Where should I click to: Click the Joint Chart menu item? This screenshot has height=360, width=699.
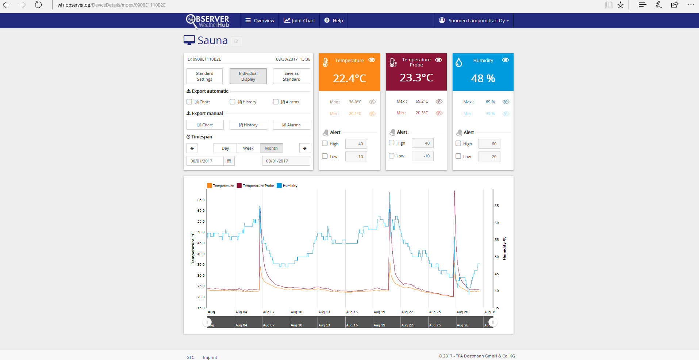[x=299, y=20]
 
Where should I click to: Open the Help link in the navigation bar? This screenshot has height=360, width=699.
[x=334, y=20]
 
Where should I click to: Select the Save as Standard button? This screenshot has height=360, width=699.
[x=291, y=76]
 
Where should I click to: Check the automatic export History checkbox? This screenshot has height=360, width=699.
[x=233, y=102]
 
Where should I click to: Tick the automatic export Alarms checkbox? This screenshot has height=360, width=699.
[x=276, y=102]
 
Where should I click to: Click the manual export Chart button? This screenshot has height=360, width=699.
[x=205, y=125]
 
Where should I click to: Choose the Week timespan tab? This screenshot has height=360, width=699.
[x=248, y=148]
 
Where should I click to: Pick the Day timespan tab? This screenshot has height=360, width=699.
[x=225, y=148]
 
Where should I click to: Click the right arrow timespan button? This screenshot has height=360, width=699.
[x=304, y=148]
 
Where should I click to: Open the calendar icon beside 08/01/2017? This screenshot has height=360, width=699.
[x=229, y=161]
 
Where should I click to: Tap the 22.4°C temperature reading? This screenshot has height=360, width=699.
[x=349, y=78]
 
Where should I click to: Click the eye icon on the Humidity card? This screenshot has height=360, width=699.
[x=505, y=60]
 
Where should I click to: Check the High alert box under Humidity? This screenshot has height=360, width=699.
[x=458, y=143]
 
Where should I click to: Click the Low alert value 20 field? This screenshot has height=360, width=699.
[x=489, y=157]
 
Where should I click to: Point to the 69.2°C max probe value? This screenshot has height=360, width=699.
[x=422, y=101]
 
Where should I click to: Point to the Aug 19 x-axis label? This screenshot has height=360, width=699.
[x=379, y=312]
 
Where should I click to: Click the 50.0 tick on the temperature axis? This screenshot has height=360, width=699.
[x=201, y=232]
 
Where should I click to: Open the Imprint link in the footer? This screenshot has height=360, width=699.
[x=210, y=357]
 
